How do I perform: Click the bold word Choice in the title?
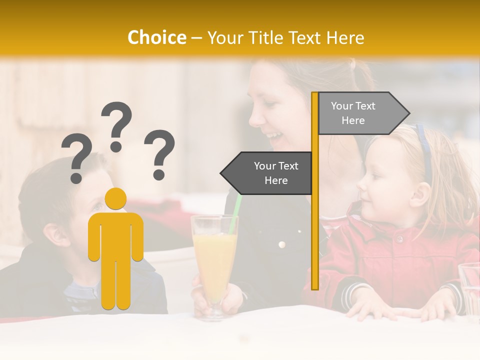point(156,37)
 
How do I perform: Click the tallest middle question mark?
point(116,125)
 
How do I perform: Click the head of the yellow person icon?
point(115,198)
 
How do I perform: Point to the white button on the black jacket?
point(282,244)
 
